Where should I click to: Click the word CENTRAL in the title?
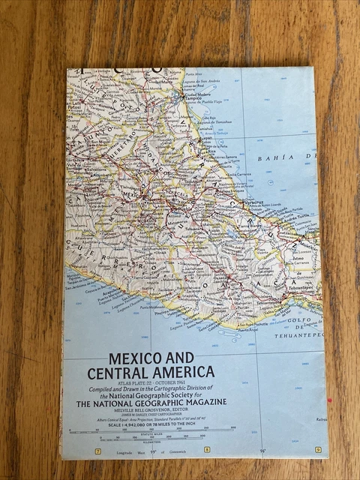(x=115, y=373)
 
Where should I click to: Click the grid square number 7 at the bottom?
(x=97, y=450)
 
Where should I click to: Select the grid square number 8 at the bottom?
(x=207, y=450)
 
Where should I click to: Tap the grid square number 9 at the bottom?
(x=318, y=449)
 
